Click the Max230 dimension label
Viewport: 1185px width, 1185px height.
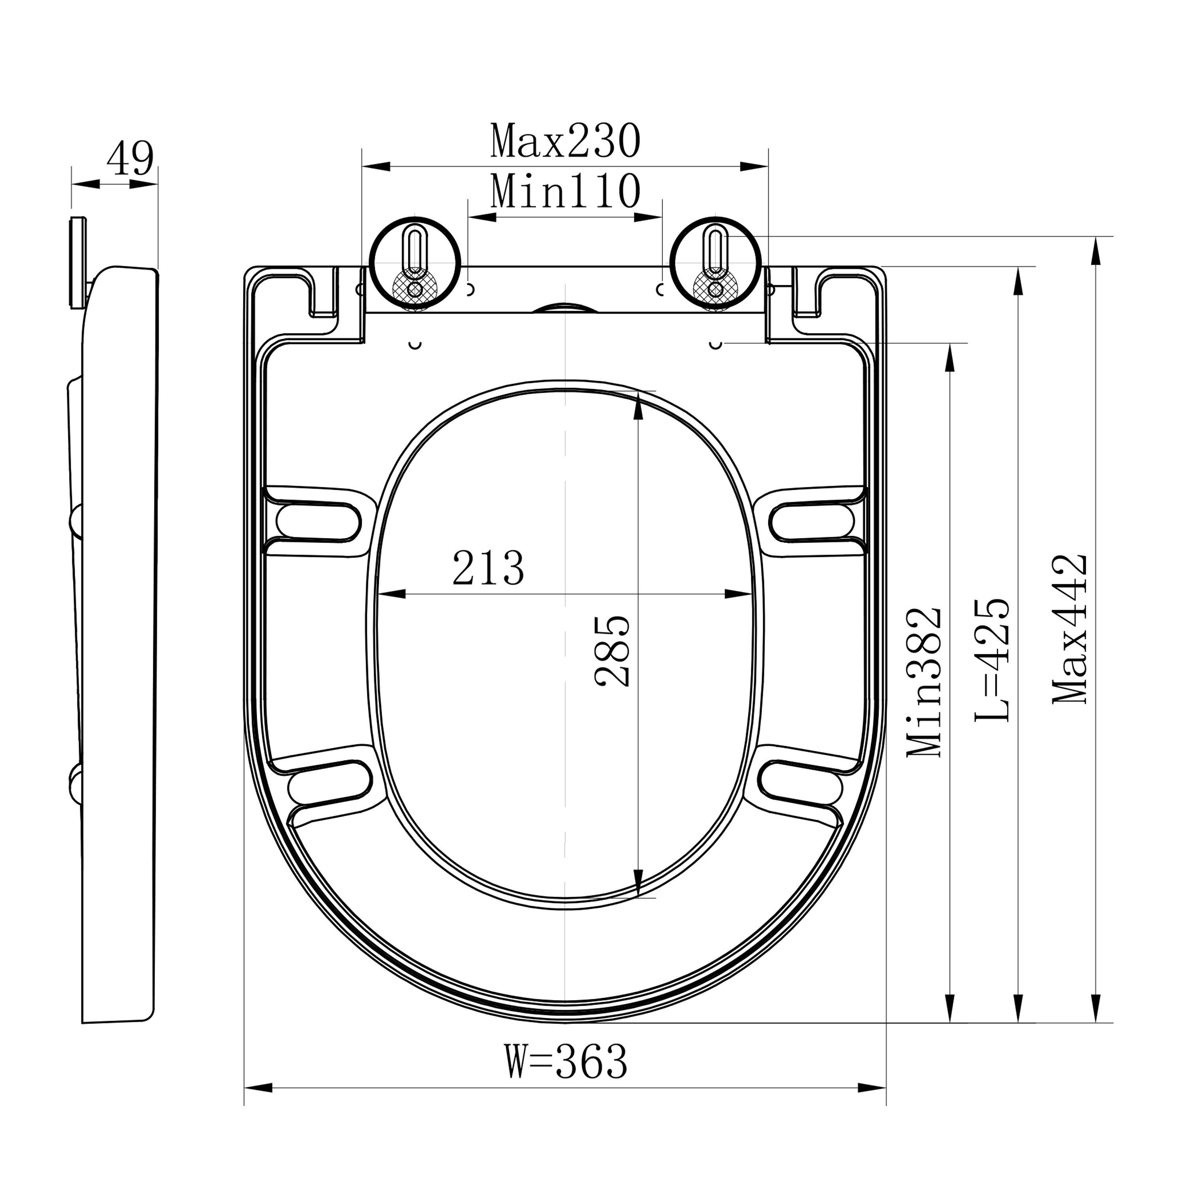pos(565,142)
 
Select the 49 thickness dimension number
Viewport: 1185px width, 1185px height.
pos(130,160)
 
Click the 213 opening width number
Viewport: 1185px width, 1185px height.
pos(488,568)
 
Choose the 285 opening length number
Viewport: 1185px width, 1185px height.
pos(613,651)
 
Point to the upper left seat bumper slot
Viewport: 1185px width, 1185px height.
pos(318,521)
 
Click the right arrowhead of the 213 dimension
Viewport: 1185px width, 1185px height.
pos(739,594)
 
